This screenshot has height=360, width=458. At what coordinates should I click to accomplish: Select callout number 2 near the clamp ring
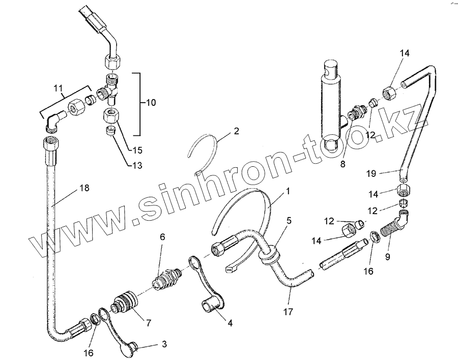[x=236, y=131]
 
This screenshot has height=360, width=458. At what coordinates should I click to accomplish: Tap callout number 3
[x=164, y=344]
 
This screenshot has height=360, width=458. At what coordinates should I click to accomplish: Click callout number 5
[x=289, y=221]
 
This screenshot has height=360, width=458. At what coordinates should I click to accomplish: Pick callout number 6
[x=162, y=237]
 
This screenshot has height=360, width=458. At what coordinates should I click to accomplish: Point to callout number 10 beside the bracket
[x=151, y=103]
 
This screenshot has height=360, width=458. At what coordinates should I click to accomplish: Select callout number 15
[x=137, y=151]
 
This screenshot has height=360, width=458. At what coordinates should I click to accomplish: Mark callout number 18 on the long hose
[x=84, y=188]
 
